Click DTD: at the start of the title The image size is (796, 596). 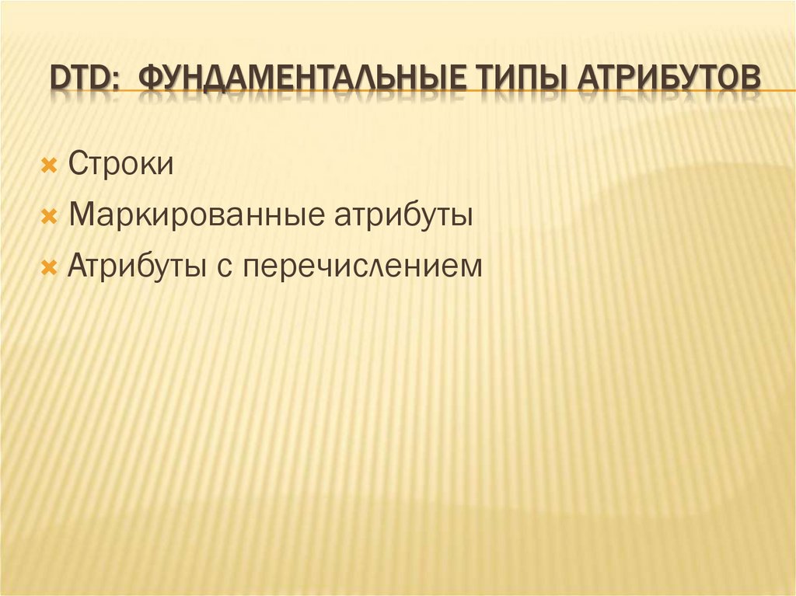pyautogui.click(x=82, y=80)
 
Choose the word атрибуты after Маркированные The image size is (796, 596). pyautogui.click(x=403, y=215)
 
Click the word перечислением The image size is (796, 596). pyautogui.click(x=361, y=267)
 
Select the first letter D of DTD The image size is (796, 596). pyautogui.click(x=59, y=80)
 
